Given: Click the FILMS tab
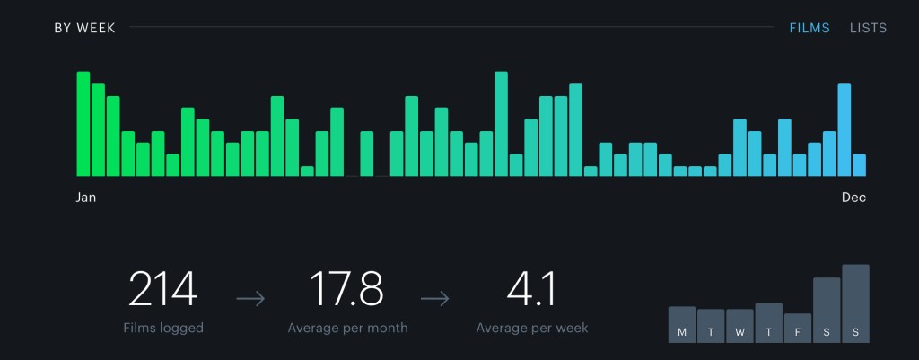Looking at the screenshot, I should click(x=810, y=28).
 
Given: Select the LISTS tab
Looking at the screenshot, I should click(x=868, y=28).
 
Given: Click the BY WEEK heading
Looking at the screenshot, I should click(x=84, y=28).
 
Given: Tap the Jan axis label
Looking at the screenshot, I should click(x=86, y=198).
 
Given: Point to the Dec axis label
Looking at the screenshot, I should click(x=853, y=198).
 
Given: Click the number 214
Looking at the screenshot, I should click(x=162, y=289).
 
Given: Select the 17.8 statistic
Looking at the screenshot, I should click(x=347, y=289).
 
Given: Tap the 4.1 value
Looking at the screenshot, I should click(x=532, y=289).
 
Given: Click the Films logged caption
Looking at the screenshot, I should click(x=163, y=328).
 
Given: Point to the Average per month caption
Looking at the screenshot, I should click(x=347, y=328).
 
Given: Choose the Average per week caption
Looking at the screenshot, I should click(x=532, y=328).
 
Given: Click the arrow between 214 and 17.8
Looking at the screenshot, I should click(x=250, y=298).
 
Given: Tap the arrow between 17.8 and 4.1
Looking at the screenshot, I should click(x=434, y=298).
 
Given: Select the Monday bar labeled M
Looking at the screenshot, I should click(x=682, y=324).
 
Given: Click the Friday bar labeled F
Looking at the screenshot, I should click(x=798, y=328).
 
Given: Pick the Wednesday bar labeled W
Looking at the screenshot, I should click(x=740, y=325).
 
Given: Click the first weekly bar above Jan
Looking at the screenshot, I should click(x=83, y=124).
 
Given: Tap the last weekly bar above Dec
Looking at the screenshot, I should click(x=859, y=165).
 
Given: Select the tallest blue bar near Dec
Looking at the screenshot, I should click(x=845, y=130).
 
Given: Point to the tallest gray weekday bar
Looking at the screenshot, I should click(x=855, y=303).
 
